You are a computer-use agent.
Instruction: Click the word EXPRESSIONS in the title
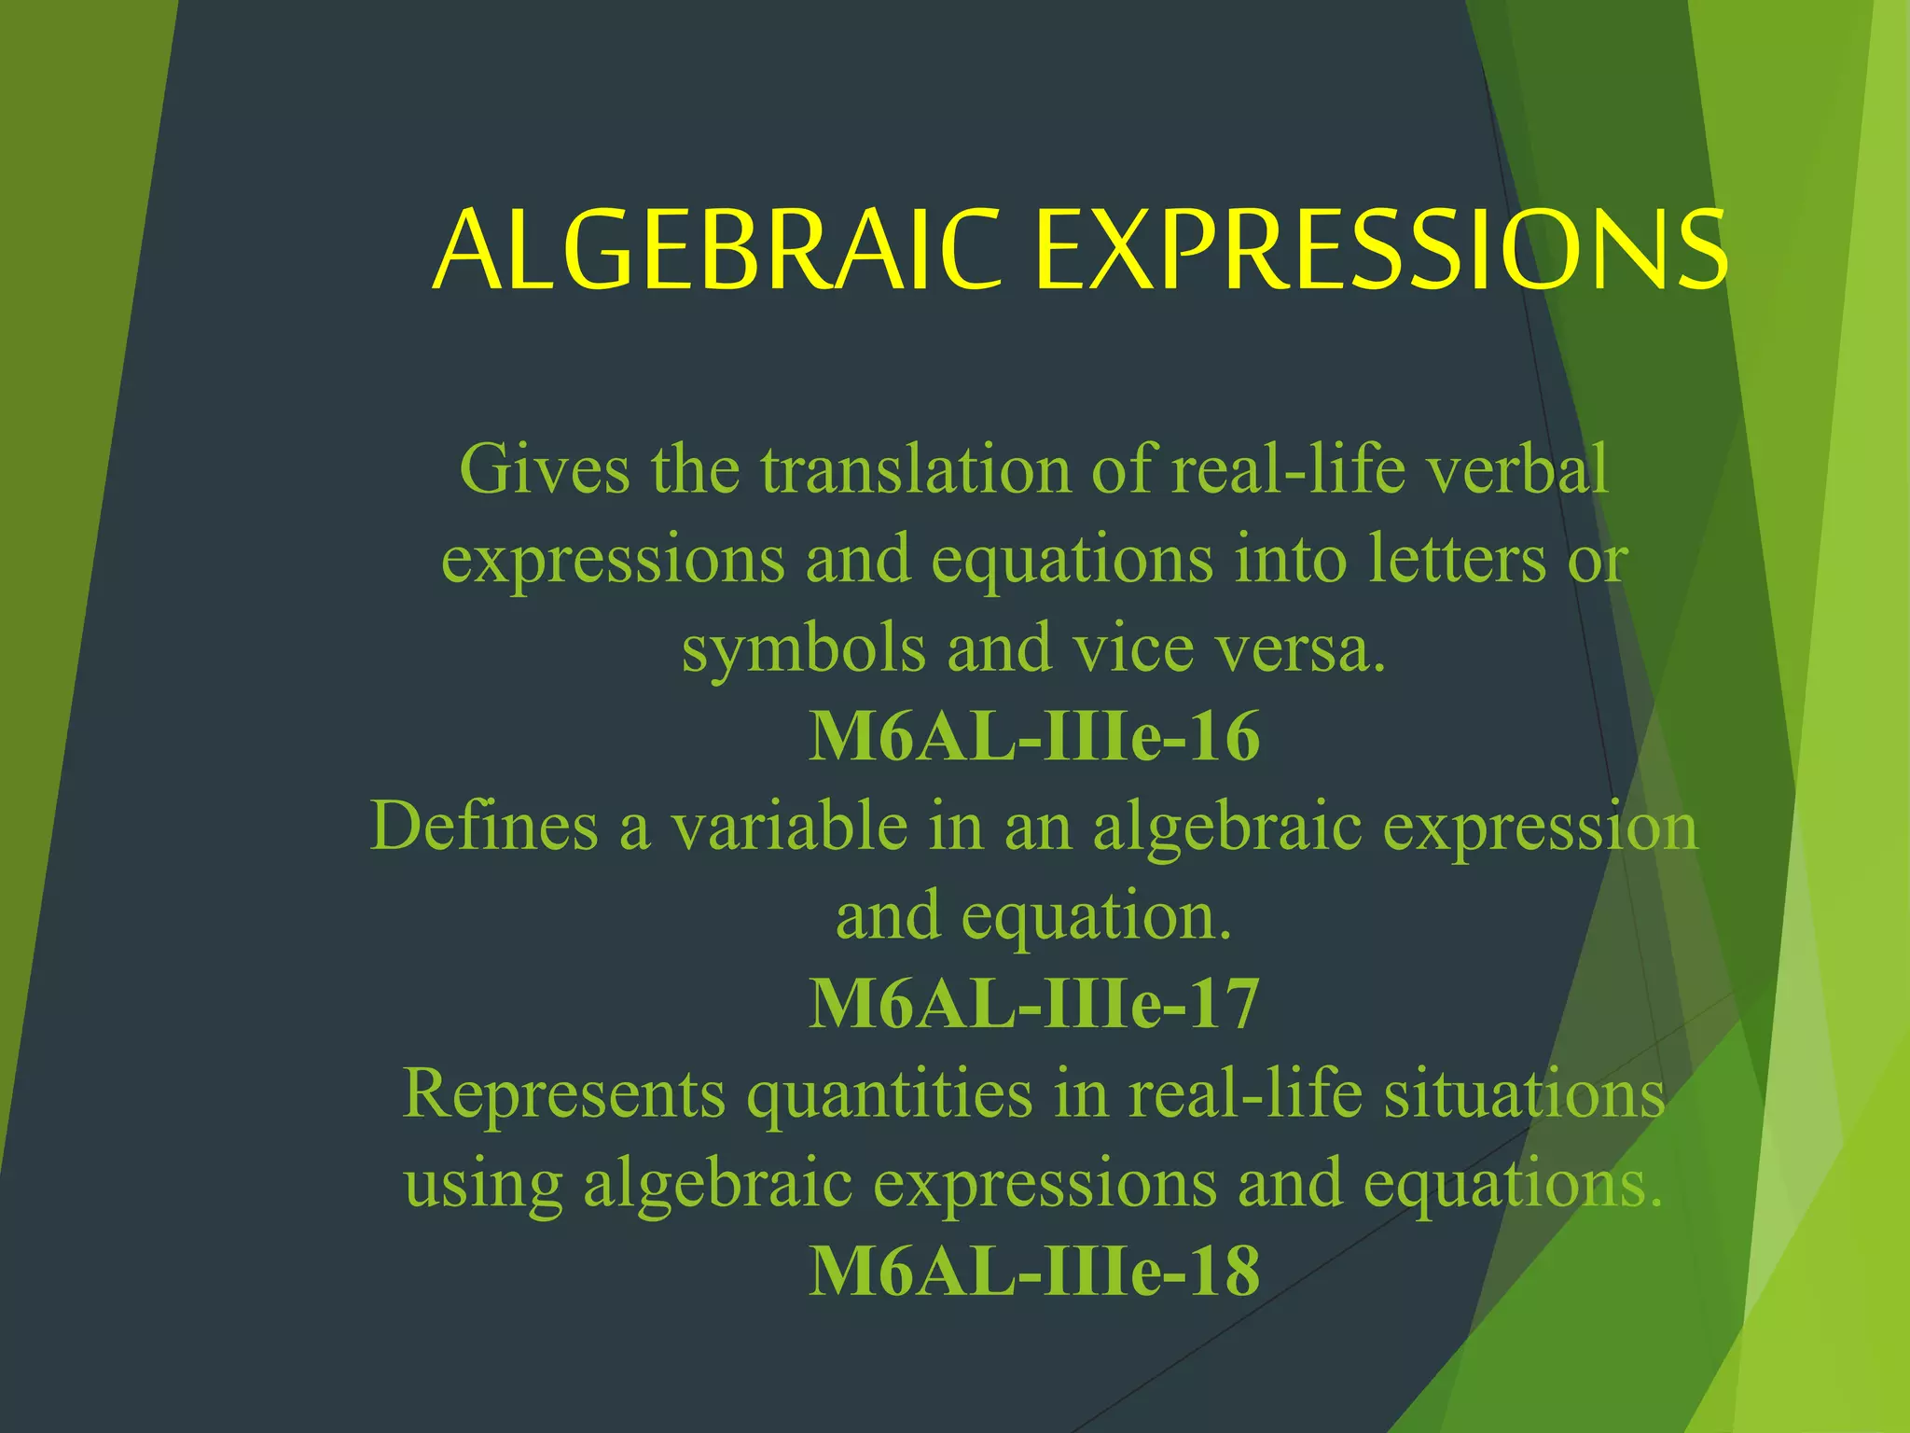pos(1380,250)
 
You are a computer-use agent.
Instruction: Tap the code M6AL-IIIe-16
pos(1033,737)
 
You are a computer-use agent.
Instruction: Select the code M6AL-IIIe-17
pos(1033,1005)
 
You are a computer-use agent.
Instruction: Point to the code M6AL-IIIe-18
pos(1033,1272)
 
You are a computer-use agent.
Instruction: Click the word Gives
pos(545,469)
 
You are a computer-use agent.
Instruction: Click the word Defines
pos(484,827)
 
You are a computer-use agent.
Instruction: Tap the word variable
pos(788,827)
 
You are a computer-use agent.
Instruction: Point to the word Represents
pos(563,1093)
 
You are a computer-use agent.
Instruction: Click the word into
pos(1291,560)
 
